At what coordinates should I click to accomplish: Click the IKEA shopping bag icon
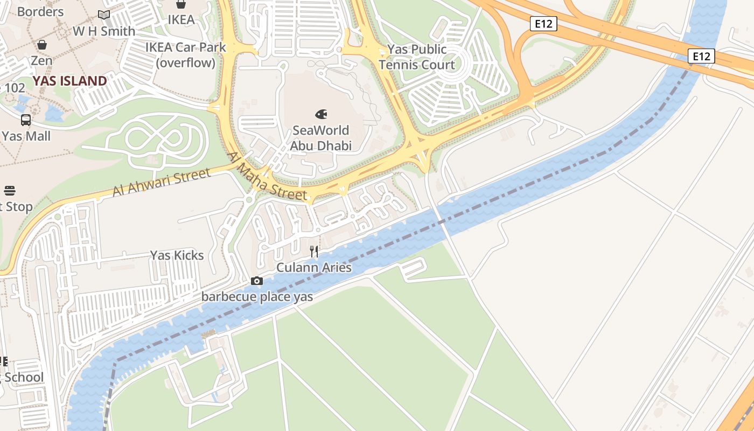click(181, 4)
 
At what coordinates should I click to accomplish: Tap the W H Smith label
click(104, 31)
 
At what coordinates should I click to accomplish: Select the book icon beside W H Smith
click(104, 15)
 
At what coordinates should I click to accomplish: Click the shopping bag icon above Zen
click(42, 44)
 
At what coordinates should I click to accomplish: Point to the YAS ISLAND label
click(70, 81)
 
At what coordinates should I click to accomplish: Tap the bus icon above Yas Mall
click(26, 120)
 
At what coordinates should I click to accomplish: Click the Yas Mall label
click(26, 136)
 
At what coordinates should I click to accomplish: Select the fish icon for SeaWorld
click(321, 114)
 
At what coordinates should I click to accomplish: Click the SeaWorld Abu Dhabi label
click(321, 138)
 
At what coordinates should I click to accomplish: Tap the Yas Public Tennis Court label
click(416, 57)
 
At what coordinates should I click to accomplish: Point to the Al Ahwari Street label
click(161, 183)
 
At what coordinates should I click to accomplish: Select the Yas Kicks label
click(177, 255)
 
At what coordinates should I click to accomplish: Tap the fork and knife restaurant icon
click(314, 252)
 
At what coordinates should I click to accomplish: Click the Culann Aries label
click(314, 268)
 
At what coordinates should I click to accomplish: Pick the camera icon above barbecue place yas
click(257, 281)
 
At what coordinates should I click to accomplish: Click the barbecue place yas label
click(257, 297)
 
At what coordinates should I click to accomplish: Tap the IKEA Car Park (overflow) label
click(186, 55)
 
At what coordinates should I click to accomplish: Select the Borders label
click(40, 11)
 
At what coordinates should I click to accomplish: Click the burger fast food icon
click(10, 191)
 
